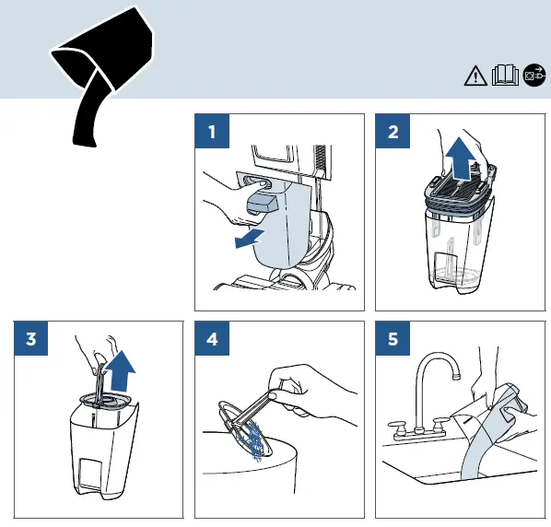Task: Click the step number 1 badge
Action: [x=212, y=131]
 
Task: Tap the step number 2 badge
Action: [x=393, y=131]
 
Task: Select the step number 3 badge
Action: [x=31, y=338]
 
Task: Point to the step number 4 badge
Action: [x=212, y=338]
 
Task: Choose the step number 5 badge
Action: [x=393, y=338]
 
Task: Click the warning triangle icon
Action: [x=475, y=76]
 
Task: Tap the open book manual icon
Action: [x=505, y=75]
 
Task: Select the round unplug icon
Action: [x=534, y=75]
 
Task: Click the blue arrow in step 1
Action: [x=249, y=238]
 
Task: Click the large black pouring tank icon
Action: [x=102, y=70]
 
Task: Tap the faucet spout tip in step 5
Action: [x=456, y=376]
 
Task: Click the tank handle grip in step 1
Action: [x=261, y=205]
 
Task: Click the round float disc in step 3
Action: [x=105, y=401]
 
